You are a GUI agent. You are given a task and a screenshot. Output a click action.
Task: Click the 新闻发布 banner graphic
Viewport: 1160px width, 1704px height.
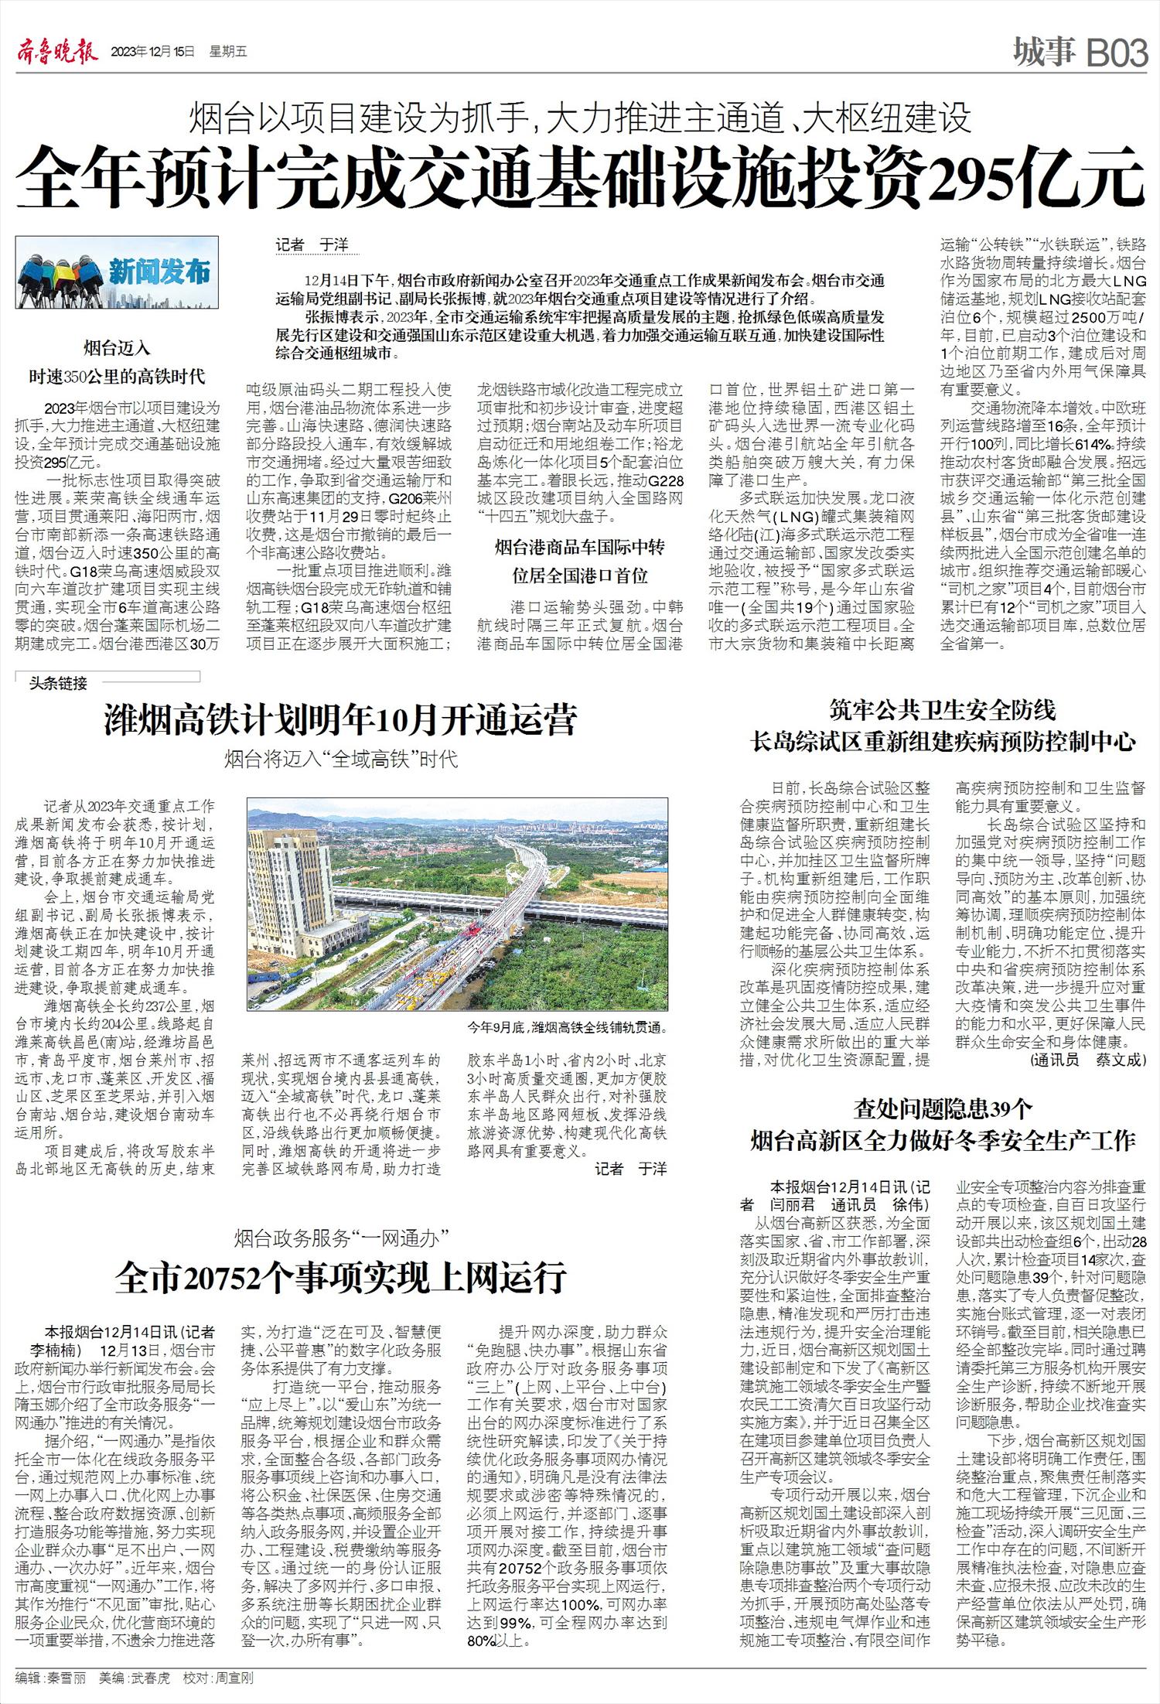[x=117, y=272]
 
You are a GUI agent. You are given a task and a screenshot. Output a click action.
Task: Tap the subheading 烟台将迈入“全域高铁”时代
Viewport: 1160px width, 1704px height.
[x=340, y=759]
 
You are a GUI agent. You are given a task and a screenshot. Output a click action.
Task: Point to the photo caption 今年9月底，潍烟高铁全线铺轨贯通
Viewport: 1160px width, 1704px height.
[x=566, y=1028]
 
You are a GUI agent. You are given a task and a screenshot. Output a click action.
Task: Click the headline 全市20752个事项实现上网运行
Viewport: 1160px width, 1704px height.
[x=340, y=1278]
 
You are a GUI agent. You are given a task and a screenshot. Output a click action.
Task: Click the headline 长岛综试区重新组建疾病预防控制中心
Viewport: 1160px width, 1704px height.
[x=943, y=743]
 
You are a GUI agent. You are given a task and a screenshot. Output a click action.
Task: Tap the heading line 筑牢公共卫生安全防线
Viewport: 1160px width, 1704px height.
[x=943, y=709]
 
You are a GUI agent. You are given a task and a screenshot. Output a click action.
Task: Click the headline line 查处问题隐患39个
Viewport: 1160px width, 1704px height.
[x=943, y=1109]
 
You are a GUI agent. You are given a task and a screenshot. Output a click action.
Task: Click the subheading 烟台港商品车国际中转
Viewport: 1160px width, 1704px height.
[x=580, y=548]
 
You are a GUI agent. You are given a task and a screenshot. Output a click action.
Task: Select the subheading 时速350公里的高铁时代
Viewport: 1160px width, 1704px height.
[x=117, y=377]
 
